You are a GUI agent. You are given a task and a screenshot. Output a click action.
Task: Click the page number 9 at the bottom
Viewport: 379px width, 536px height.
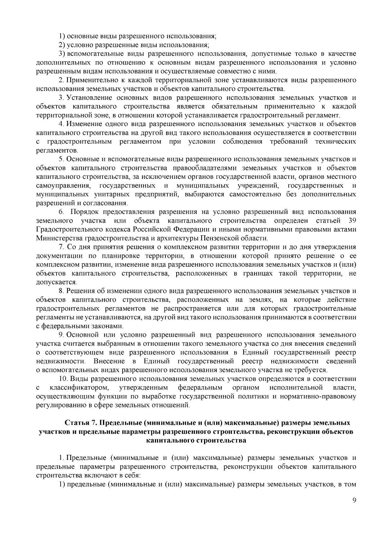[x=354, y=509]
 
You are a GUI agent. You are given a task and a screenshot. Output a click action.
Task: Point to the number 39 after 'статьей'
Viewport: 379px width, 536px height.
[x=352, y=220]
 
